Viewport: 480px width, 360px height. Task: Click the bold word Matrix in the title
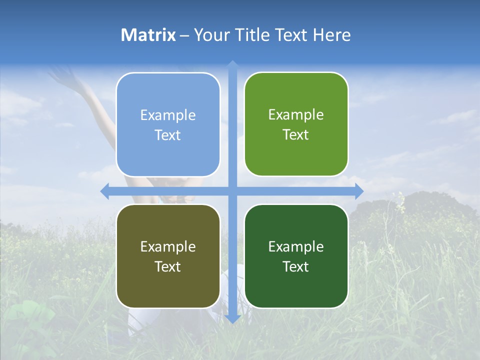coord(148,35)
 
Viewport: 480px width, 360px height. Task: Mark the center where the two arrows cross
coord(232,191)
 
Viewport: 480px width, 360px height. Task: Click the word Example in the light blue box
coord(168,115)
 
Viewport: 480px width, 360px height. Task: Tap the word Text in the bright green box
coord(296,135)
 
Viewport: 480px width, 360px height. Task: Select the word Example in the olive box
coord(168,246)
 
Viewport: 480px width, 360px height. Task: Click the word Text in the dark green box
coord(296,267)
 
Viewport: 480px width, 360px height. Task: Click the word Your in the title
coord(211,35)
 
